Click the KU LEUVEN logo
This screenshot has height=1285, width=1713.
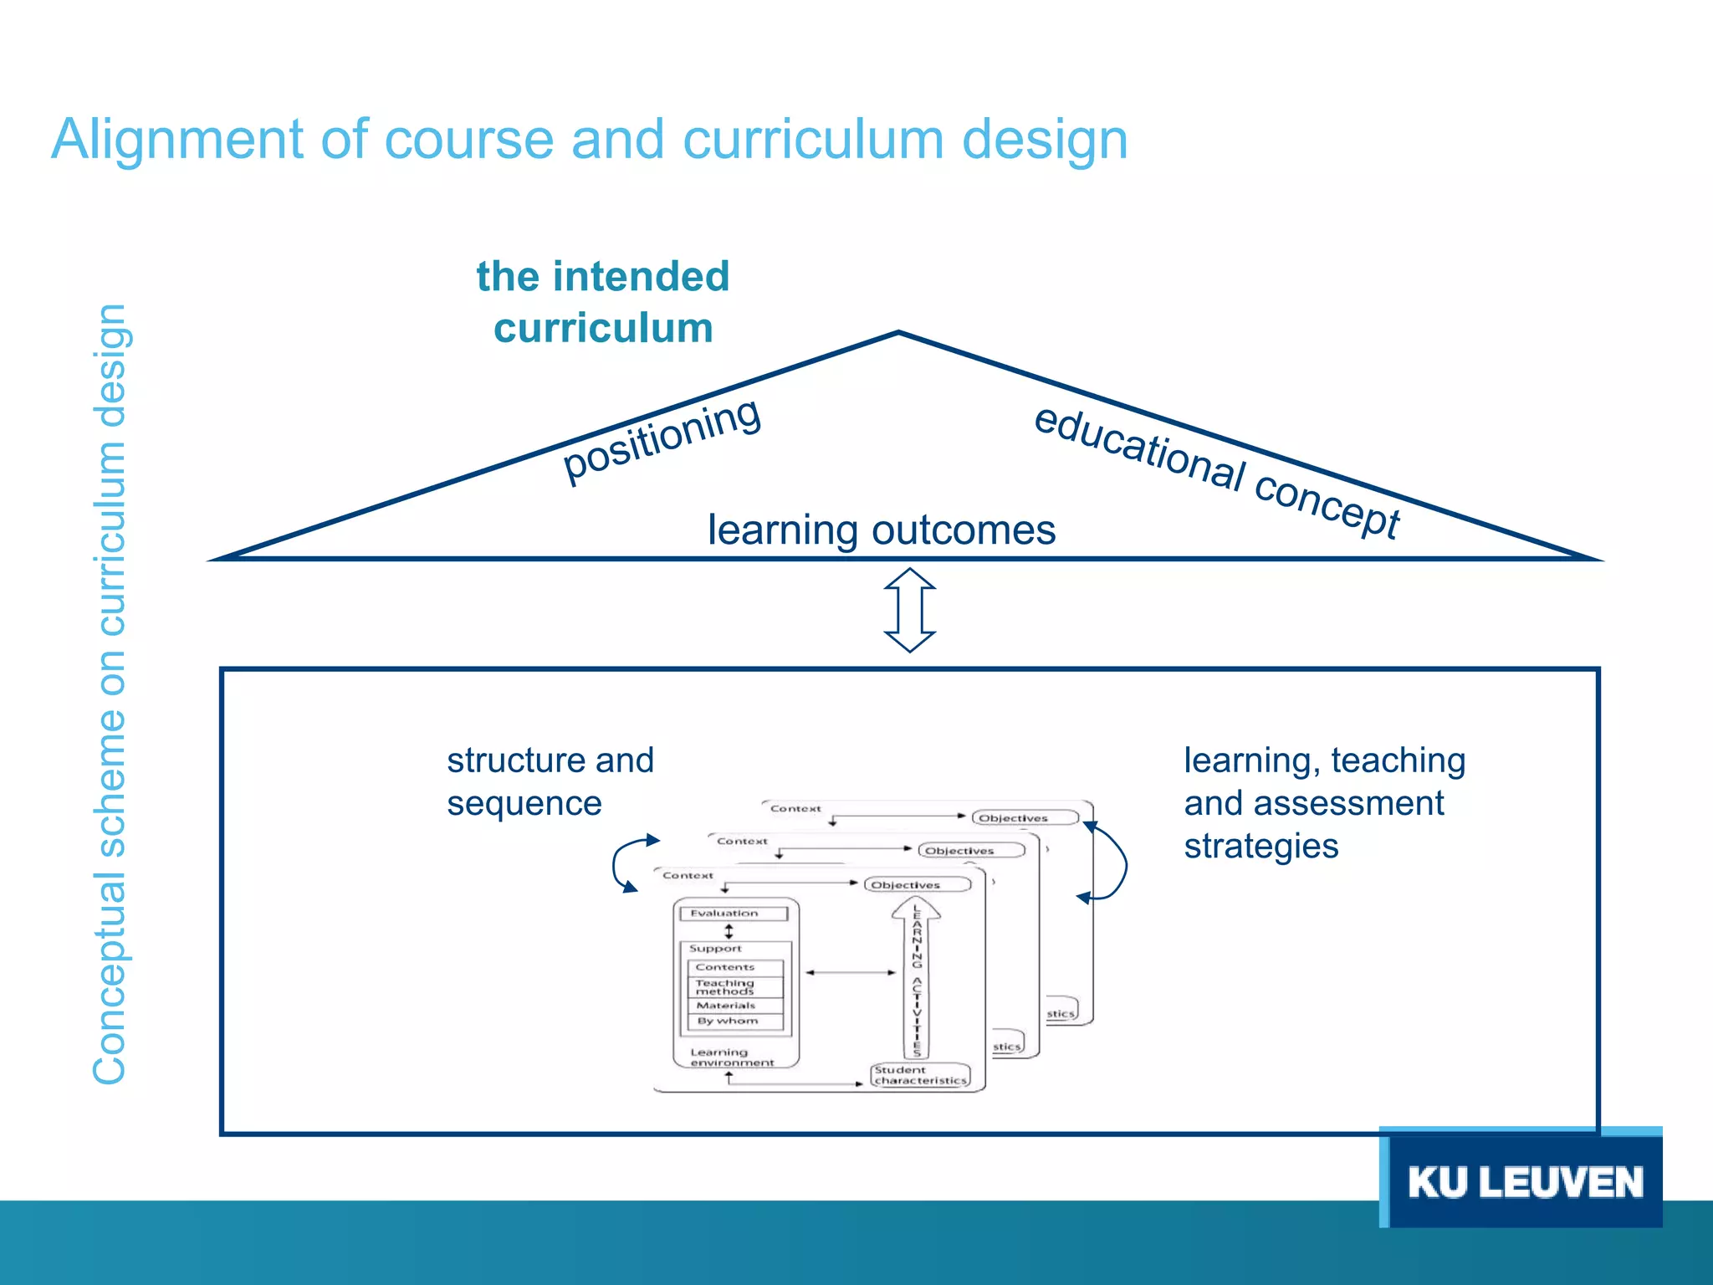[1524, 1181]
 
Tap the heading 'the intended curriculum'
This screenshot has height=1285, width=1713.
[603, 301]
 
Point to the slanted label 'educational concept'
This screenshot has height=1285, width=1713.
[1217, 470]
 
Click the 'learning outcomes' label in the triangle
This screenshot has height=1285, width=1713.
[882, 530]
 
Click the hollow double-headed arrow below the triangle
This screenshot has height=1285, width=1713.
[910, 610]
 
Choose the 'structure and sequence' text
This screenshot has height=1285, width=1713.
[550, 781]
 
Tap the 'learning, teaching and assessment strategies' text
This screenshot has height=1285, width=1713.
[1324, 802]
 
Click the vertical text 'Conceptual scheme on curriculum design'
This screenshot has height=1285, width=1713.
[110, 694]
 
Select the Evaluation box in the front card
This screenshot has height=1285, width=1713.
[734, 914]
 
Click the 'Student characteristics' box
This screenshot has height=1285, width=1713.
[920, 1075]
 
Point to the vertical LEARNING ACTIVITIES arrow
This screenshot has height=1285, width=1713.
[917, 979]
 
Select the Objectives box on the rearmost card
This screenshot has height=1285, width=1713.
[1025, 817]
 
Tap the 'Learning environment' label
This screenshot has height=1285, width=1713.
[732, 1057]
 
